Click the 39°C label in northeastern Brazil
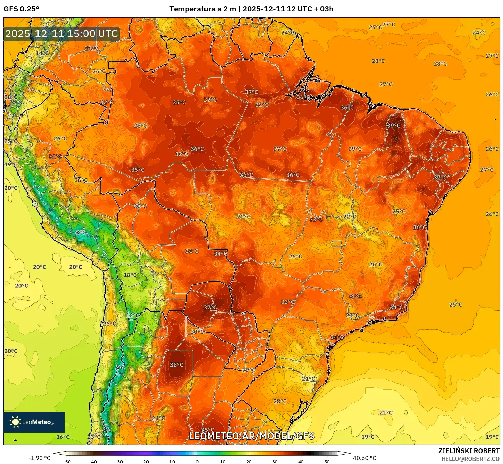click(x=394, y=126)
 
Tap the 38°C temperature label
click(x=176, y=365)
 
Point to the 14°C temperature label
click(x=42, y=53)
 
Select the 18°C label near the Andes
click(x=130, y=275)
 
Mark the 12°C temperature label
click(x=133, y=316)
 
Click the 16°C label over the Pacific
click(x=63, y=437)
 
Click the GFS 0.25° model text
click(x=21, y=9)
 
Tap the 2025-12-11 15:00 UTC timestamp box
click(x=62, y=34)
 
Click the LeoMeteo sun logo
click(x=15, y=422)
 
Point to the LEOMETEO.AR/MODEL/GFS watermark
click(x=251, y=436)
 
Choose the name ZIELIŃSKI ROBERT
click(x=469, y=451)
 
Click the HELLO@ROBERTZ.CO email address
click(x=470, y=459)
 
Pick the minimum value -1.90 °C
click(x=39, y=458)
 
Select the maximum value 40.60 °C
click(x=364, y=458)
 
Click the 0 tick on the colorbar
click(x=197, y=461)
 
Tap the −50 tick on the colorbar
click(x=67, y=461)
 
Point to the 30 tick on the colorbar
click(x=275, y=461)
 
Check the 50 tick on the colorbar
click(x=327, y=461)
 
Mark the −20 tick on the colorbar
click(x=145, y=461)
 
